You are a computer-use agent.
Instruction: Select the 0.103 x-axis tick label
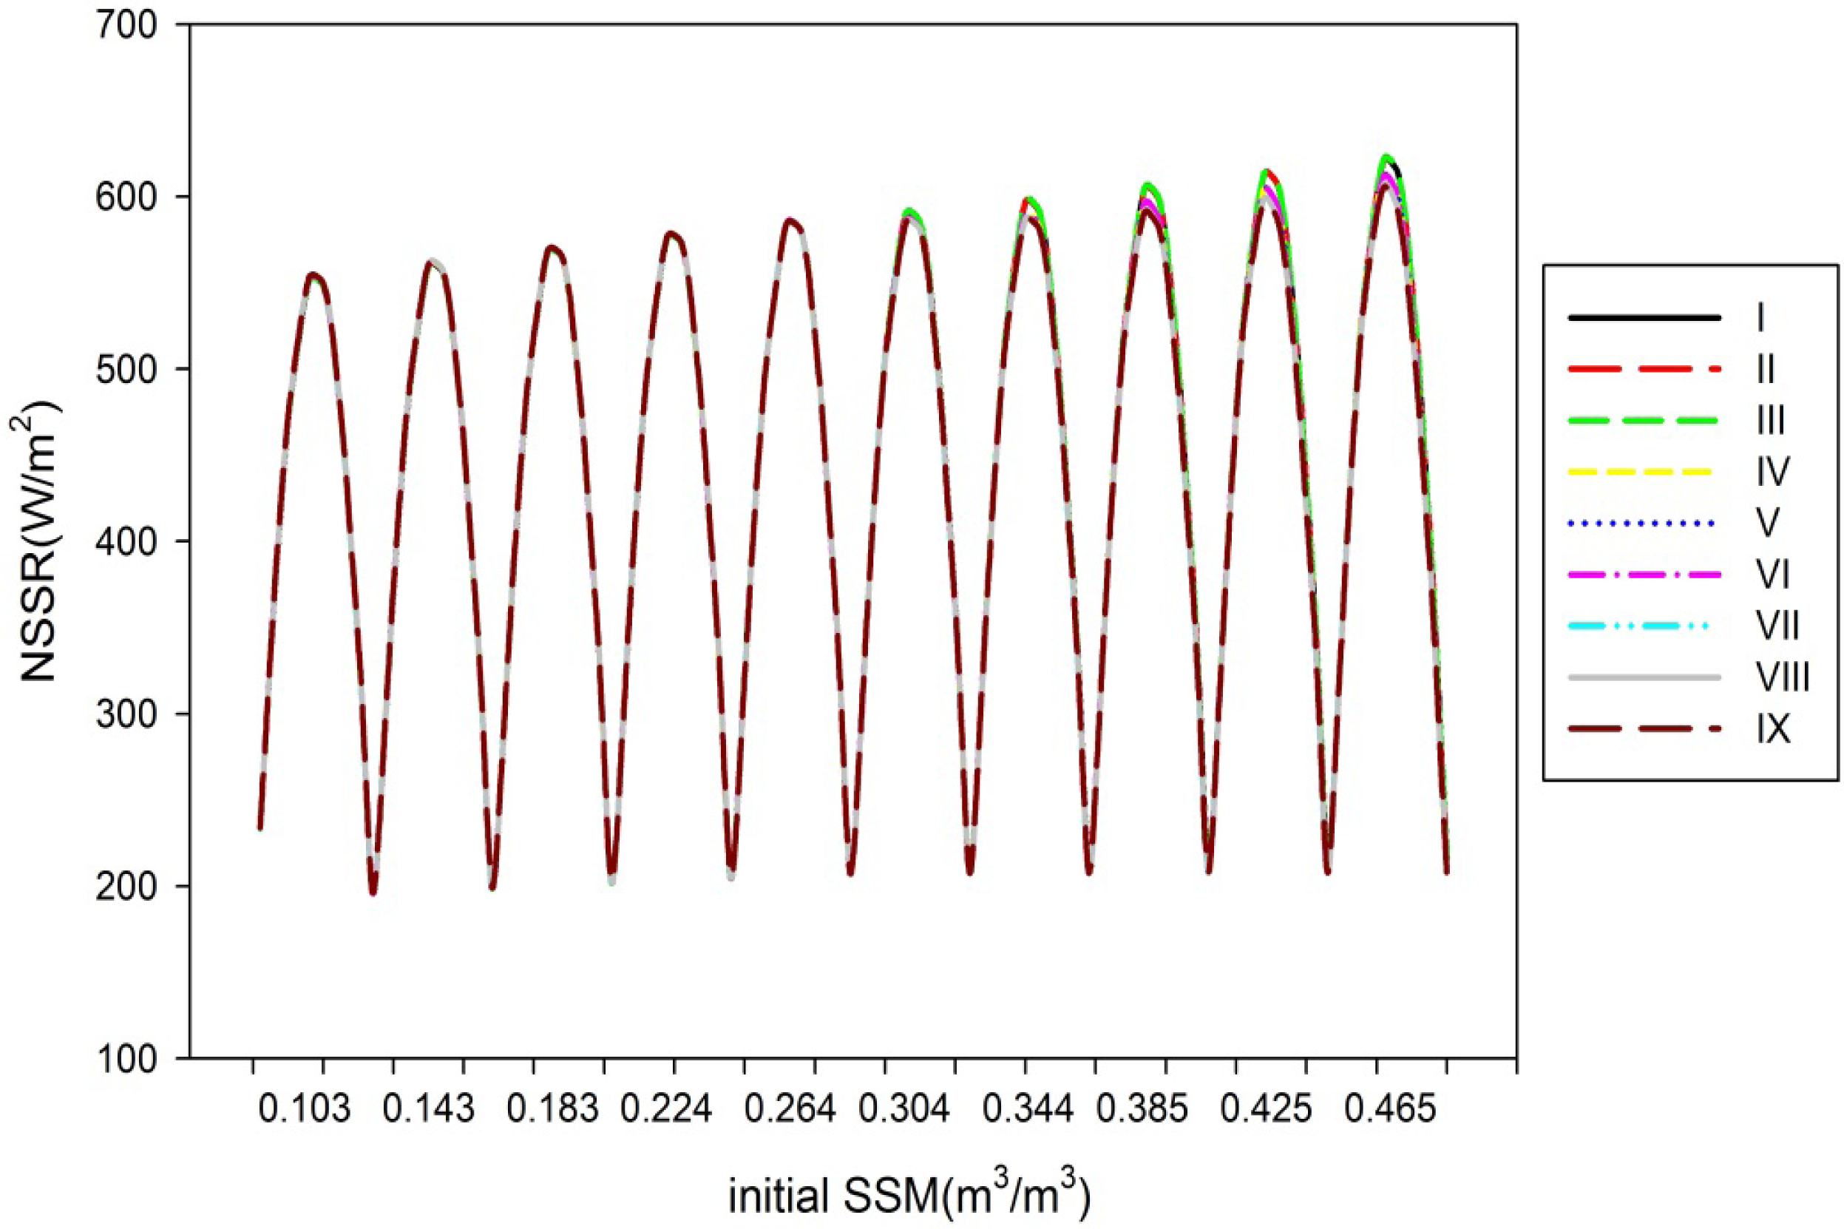pos(304,1110)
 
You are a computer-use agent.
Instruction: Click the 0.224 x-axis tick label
pos(667,1110)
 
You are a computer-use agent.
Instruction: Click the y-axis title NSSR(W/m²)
pos(35,541)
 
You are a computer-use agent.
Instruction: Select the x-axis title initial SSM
pos(910,1194)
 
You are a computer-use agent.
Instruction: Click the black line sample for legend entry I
pos(1644,317)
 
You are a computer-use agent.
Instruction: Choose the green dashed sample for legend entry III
pos(1644,421)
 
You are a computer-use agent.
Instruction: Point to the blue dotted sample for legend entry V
pos(1644,523)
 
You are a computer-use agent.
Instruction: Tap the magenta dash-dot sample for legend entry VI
pos(1644,575)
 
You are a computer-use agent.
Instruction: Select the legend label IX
pos(1774,729)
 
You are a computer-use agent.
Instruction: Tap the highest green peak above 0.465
pos(1386,157)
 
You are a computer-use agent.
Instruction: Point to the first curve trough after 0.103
pos(373,893)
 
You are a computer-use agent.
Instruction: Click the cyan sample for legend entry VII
pos(1644,626)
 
